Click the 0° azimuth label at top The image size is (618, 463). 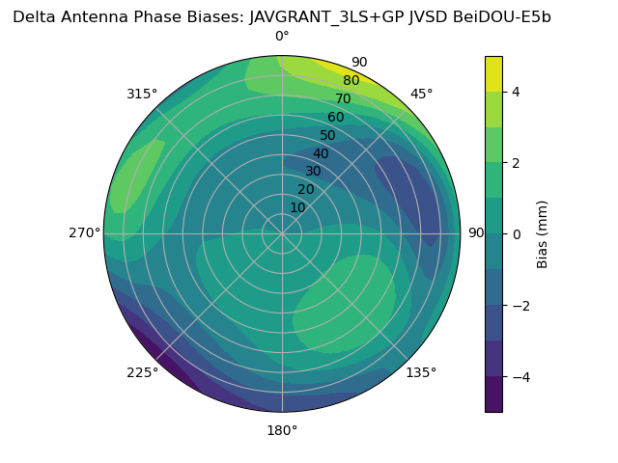[282, 37]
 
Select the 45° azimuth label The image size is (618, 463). [421, 94]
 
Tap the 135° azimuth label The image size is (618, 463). [421, 372]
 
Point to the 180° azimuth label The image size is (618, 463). [282, 430]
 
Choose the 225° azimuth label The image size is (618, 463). [142, 372]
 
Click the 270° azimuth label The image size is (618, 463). [84, 232]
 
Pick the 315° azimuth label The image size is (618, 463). [142, 94]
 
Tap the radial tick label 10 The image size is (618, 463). [297, 207]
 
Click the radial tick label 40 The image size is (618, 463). [321, 153]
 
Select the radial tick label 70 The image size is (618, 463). [343, 98]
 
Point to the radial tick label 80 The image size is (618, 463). [351, 81]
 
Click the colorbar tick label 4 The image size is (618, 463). [517, 92]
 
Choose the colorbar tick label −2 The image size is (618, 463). [520, 306]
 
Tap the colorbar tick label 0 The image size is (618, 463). [517, 234]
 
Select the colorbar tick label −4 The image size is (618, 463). [520, 377]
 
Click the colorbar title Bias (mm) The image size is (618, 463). [543, 234]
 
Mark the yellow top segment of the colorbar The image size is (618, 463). [493, 74]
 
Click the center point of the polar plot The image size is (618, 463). [282, 233]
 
